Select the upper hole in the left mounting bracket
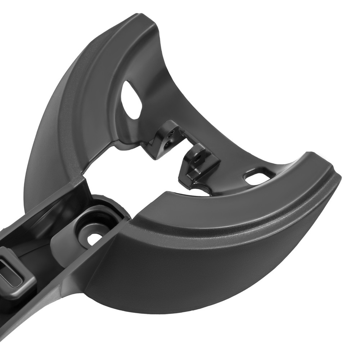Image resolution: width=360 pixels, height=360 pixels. point(172,133)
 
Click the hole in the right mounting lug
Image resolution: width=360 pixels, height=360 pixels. point(197,157)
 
